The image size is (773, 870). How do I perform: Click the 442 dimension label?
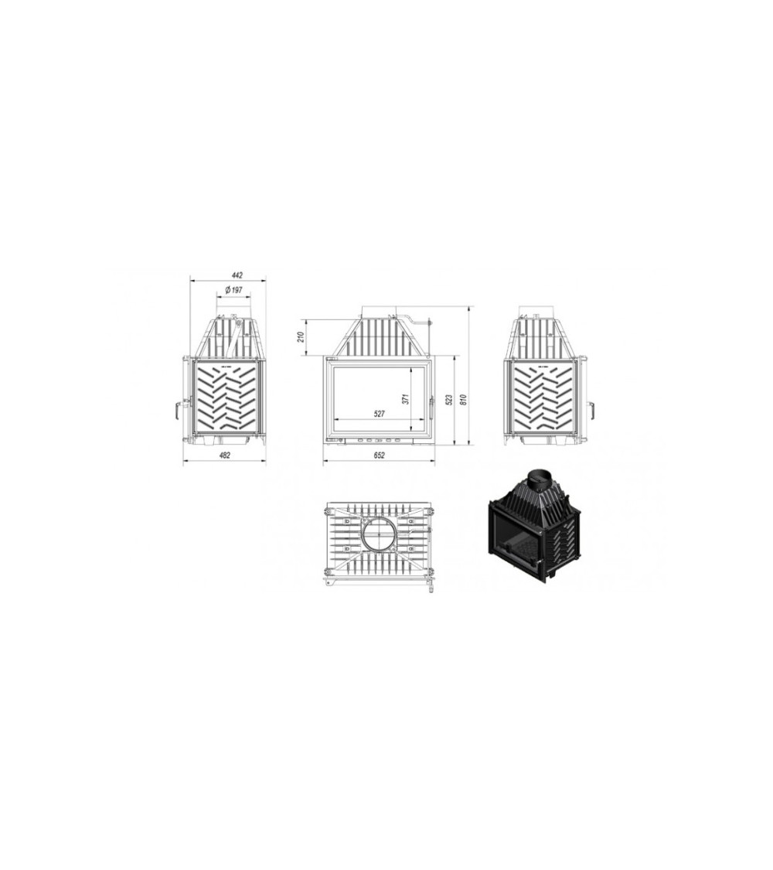click(237, 275)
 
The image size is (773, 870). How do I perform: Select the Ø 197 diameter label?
click(233, 290)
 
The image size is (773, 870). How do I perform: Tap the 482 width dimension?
click(225, 455)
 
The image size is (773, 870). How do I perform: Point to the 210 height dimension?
click(301, 337)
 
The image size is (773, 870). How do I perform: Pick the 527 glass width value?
click(379, 414)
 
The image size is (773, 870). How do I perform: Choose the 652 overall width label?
click(379, 455)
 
